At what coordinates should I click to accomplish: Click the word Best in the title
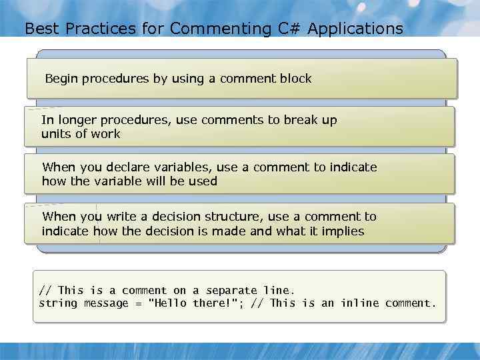click(39, 29)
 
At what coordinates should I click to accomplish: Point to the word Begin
click(61, 79)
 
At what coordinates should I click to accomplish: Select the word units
click(55, 134)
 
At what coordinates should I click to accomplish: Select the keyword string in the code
click(58, 303)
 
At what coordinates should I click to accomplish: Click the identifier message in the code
click(106, 303)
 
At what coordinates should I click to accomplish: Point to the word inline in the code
click(359, 303)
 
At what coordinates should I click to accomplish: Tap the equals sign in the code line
click(139, 304)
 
